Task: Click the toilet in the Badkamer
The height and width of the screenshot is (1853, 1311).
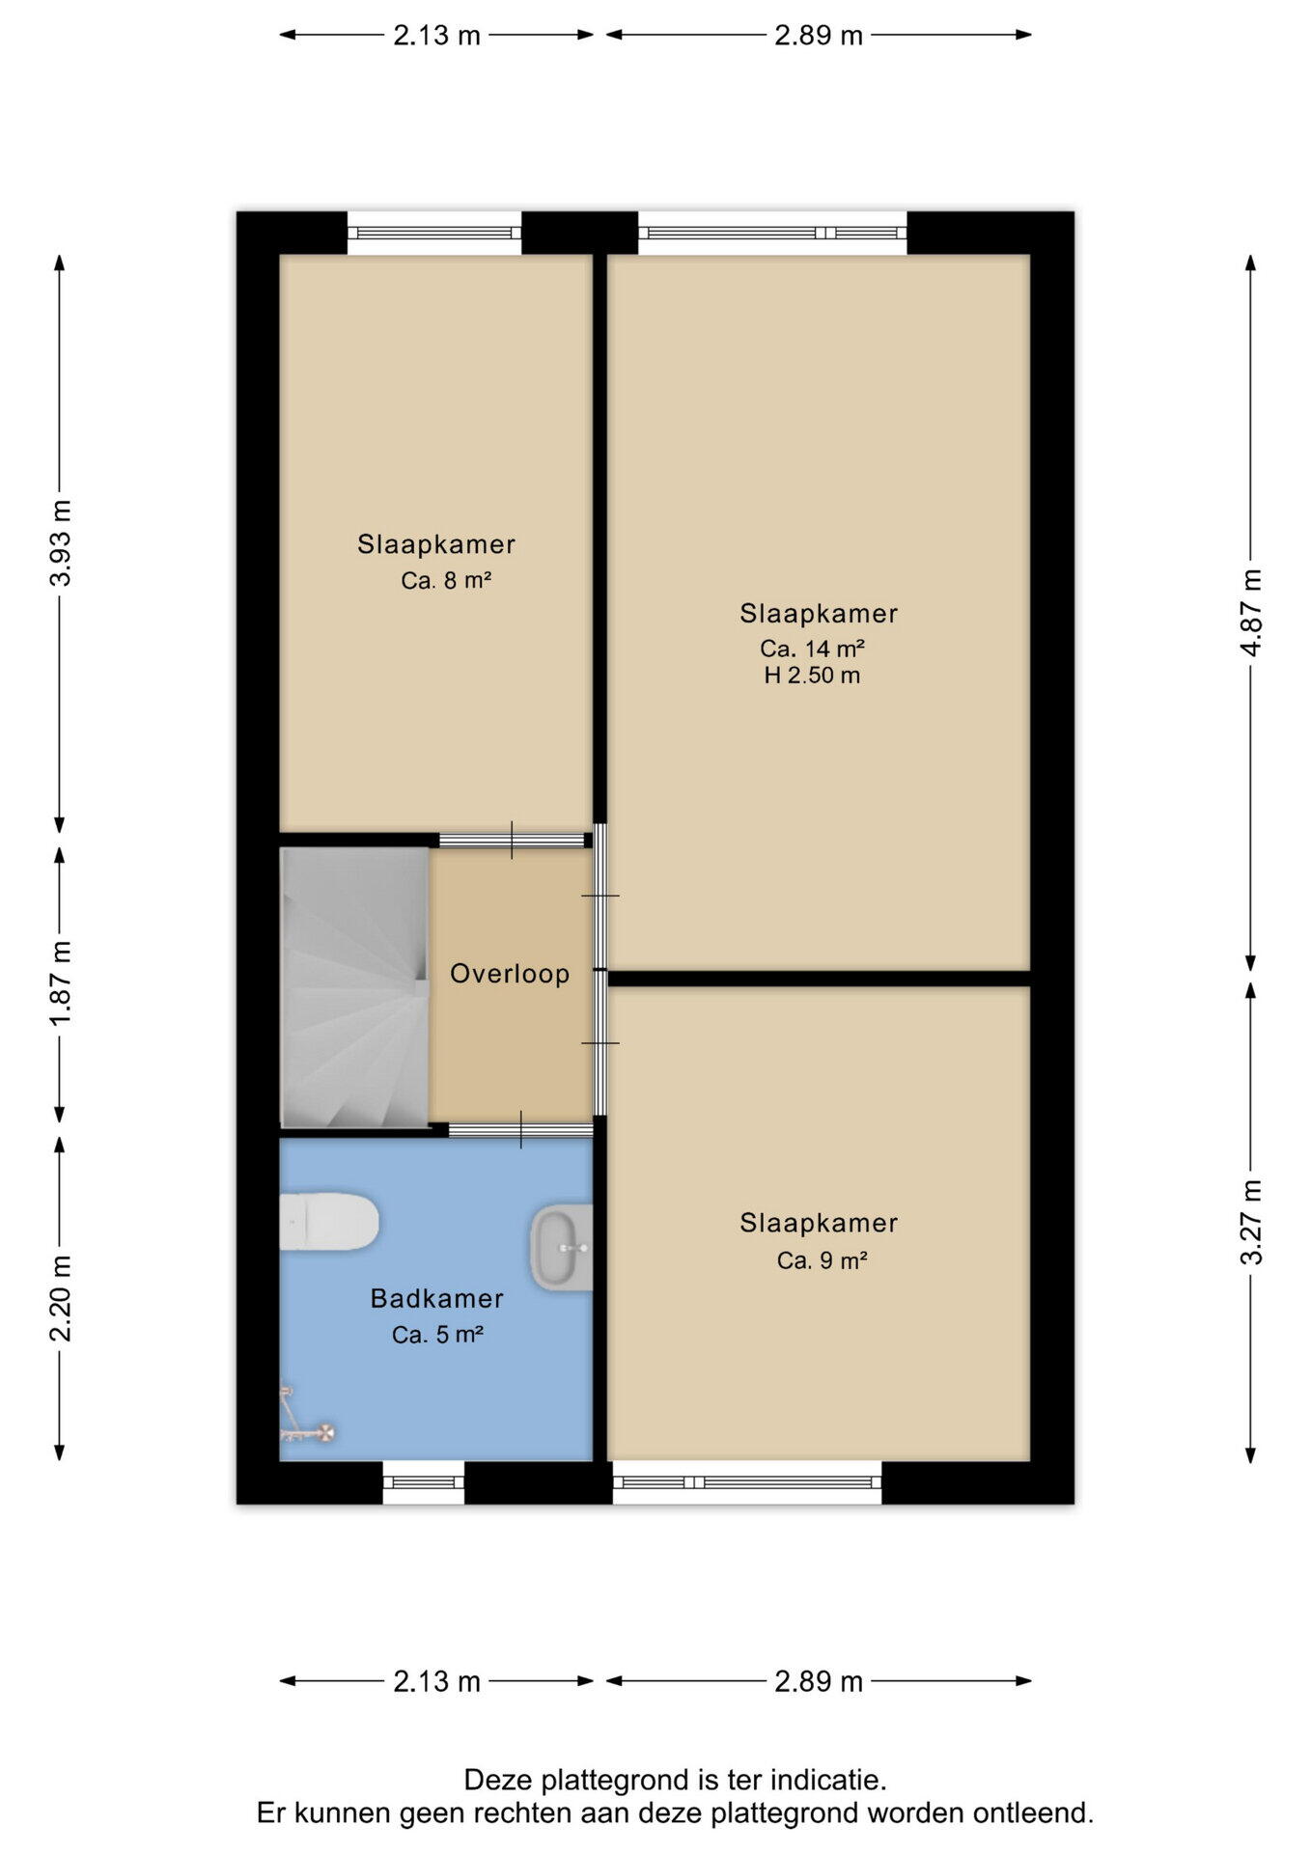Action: coord(328,1222)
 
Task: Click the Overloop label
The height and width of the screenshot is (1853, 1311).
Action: coord(510,974)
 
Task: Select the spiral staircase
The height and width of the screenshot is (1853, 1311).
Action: coord(354,987)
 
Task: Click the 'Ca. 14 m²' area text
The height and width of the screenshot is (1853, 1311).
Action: coord(812,648)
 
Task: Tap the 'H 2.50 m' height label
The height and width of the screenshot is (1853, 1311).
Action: coord(812,676)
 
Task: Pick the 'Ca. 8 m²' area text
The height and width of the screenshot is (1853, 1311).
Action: coord(447,581)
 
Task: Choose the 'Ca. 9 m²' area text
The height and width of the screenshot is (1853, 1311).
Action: coord(823,1260)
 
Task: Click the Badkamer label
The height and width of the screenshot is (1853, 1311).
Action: coord(437,1299)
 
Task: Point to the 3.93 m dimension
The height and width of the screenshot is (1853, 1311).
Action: coord(61,543)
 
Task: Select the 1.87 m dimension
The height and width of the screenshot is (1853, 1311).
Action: coord(61,985)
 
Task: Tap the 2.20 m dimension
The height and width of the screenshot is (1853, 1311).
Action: coord(61,1298)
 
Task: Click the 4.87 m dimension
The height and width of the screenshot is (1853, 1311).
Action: coord(1251,613)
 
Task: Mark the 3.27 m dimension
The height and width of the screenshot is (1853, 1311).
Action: coord(1251,1222)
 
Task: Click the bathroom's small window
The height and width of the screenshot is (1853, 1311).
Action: coord(424,1482)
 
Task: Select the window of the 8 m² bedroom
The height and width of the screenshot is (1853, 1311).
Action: coord(434,233)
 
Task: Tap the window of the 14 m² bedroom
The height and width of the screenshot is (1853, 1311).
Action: coord(772,233)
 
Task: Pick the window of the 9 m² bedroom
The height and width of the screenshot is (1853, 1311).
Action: coord(747,1482)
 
